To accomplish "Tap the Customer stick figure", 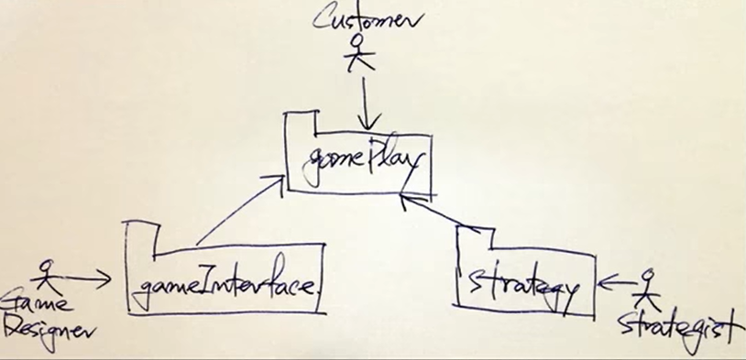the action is pos(358,53).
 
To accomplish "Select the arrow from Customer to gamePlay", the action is pos(366,104).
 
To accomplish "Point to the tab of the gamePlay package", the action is pos(301,123).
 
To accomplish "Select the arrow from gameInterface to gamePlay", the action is pos(239,210).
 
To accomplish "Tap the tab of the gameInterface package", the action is pos(139,236).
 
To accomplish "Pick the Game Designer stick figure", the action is pos(46,276).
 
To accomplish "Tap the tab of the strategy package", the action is pos(474,236).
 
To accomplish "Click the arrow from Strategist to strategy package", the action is pos(616,283).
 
